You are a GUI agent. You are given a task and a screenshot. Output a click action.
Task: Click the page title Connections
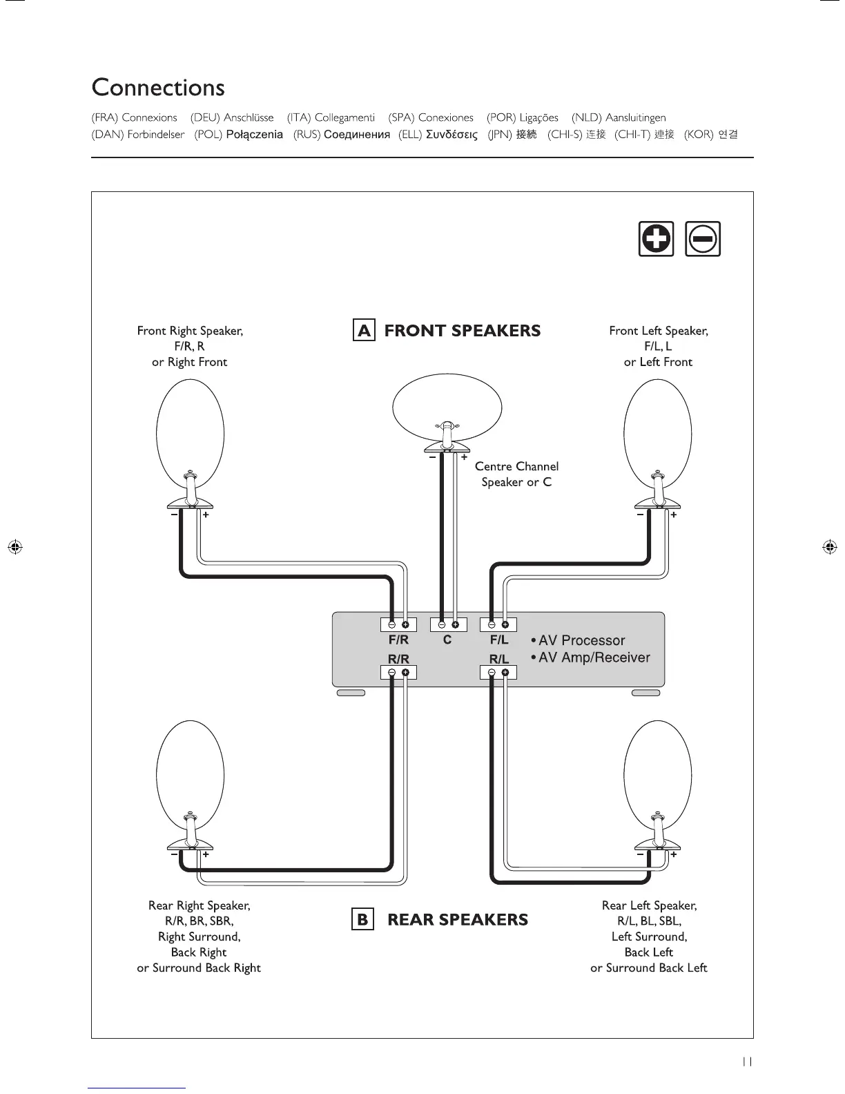158,88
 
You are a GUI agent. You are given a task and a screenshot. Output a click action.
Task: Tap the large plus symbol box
656,239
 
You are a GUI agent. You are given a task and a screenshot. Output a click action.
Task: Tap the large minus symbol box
703,239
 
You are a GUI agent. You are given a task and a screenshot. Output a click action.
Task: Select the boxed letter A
364,330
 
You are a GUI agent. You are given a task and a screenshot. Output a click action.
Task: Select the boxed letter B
362,920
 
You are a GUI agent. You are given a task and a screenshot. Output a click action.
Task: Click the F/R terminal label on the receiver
398,640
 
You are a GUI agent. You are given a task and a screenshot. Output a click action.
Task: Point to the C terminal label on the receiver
447,640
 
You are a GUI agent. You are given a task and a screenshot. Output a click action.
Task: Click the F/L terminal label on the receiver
499,640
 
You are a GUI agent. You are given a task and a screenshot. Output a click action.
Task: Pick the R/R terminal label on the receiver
398,659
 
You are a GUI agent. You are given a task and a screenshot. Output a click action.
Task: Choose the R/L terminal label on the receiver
499,659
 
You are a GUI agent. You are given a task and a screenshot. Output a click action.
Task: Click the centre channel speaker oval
447,407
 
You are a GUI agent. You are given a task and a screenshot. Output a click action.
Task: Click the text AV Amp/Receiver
594,658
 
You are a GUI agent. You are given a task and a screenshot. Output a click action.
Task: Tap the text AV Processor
581,640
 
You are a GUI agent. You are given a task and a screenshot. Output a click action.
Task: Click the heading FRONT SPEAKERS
463,331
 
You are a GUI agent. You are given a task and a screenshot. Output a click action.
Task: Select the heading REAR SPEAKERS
458,920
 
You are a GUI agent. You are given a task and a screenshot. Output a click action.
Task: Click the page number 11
747,1062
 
